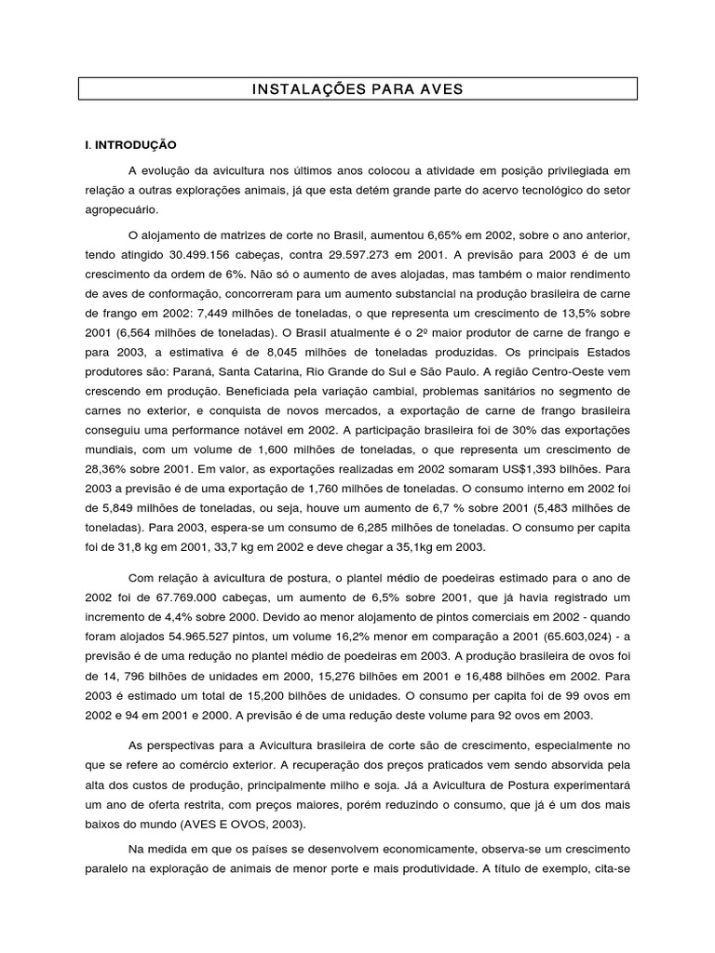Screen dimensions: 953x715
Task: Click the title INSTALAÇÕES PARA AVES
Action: pyautogui.click(x=357, y=89)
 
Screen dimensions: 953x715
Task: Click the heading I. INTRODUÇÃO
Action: pyautogui.click(x=130, y=146)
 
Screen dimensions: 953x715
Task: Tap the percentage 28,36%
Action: pyautogui.click(x=107, y=470)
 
